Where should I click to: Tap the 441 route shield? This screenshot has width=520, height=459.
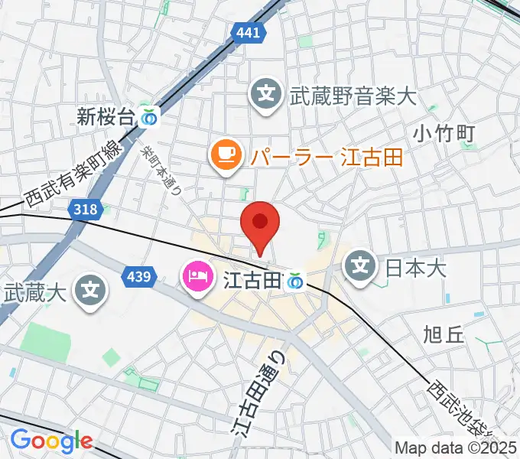pyautogui.click(x=249, y=33)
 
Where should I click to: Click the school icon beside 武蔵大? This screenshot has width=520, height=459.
pyautogui.click(x=91, y=291)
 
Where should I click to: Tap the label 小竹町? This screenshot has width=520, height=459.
pyautogui.click(x=444, y=133)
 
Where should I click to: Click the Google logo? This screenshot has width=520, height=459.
pyautogui.click(x=50, y=441)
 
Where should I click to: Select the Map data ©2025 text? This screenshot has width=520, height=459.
pyautogui.click(x=455, y=447)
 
